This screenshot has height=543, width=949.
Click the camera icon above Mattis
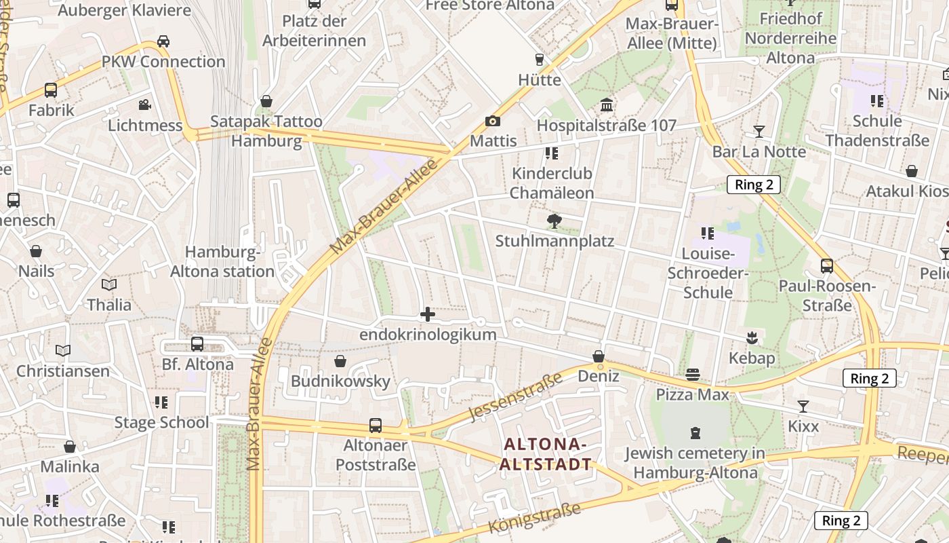(x=493, y=121)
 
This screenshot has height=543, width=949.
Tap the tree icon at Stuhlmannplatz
(x=554, y=221)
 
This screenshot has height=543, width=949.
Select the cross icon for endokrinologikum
(x=428, y=314)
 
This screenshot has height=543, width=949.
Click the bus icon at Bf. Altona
(x=197, y=344)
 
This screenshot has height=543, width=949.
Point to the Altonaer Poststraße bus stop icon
(x=376, y=426)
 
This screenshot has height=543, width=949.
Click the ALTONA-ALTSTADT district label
(x=545, y=454)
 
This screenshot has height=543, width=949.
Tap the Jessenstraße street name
(x=516, y=396)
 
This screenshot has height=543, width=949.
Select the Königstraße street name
(x=535, y=518)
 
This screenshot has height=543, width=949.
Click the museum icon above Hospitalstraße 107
(x=607, y=105)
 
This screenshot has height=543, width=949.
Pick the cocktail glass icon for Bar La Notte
(x=759, y=131)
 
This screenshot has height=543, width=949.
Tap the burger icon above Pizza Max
(x=692, y=374)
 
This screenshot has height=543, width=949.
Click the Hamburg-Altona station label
(x=222, y=262)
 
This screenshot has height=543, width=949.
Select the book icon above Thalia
(x=109, y=284)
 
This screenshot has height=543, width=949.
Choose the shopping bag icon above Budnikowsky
(x=340, y=361)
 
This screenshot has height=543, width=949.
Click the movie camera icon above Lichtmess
(x=144, y=105)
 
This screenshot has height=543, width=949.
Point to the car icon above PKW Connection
(x=163, y=41)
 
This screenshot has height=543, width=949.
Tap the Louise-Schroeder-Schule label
(x=708, y=273)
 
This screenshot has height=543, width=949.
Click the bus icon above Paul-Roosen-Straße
(x=827, y=265)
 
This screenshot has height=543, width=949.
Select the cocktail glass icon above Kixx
(x=803, y=406)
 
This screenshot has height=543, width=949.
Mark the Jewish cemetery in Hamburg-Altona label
(x=695, y=462)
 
